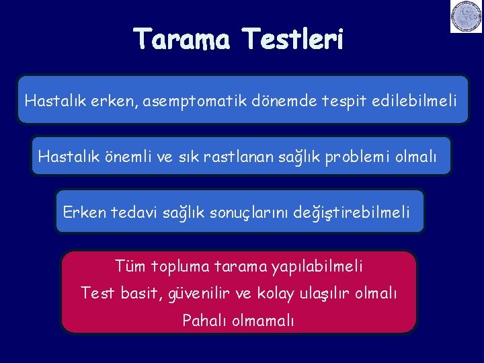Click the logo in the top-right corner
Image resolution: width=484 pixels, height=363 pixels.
(466, 16)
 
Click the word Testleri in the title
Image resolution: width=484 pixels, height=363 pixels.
(294, 40)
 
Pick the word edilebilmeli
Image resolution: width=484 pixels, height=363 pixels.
(413, 102)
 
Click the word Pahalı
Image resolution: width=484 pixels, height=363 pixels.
(204, 321)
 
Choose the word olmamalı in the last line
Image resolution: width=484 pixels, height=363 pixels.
(263, 321)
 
